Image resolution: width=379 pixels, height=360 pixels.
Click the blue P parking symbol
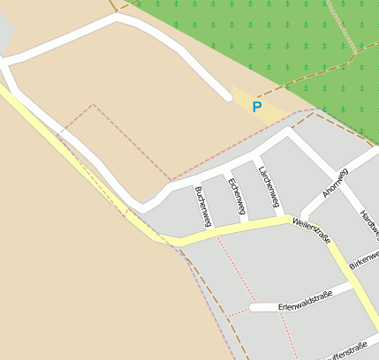click(257, 107)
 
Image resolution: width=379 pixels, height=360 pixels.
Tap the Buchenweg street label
click(202, 206)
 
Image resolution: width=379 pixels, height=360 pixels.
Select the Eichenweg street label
click(236, 196)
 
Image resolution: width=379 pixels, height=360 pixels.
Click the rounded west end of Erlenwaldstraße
click(254, 307)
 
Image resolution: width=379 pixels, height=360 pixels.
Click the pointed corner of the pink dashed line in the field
click(93, 105)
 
